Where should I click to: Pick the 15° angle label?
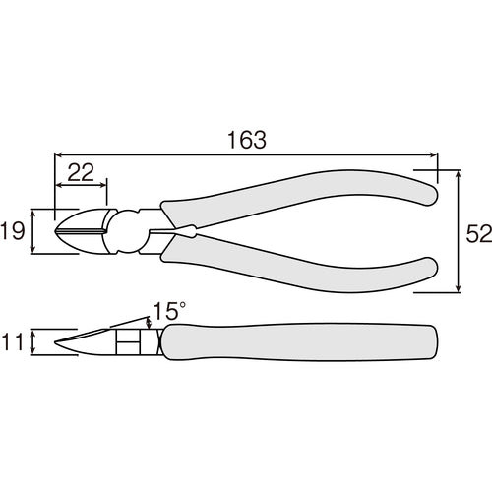[167, 312]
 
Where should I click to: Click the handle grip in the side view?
[295, 342]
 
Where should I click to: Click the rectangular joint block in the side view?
[127, 342]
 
